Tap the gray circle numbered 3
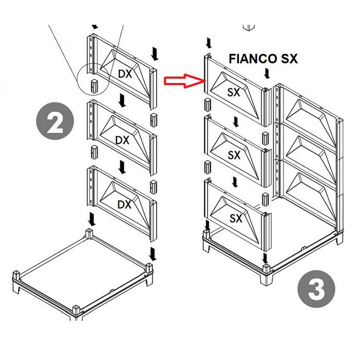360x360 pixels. click(x=316, y=290)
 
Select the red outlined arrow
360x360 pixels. click(x=185, y=80)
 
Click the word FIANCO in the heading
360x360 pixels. click(x=251, y=59)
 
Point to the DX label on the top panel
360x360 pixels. click(x=125, y=74)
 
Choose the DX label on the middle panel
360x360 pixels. click(x=122, y=139)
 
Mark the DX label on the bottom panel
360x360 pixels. click(x=124, y=204)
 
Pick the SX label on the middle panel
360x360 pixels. click(x=234, y=154)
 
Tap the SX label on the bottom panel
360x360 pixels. click(x=236, y=218)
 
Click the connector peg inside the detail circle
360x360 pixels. click(x=94, y=86)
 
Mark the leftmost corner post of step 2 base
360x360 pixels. click(x=15, y=275)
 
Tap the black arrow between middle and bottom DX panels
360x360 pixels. click(x=122, y=166)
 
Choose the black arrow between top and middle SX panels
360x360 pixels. click(x=235, y=121)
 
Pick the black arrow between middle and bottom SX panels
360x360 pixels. click(x=235, y=182)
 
